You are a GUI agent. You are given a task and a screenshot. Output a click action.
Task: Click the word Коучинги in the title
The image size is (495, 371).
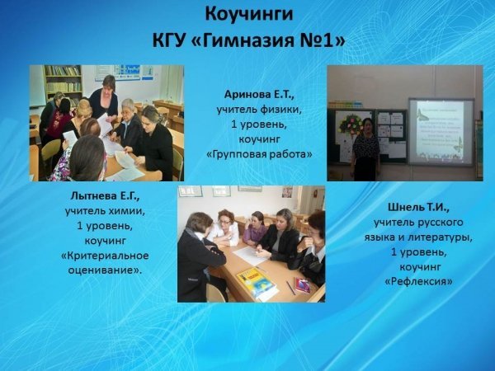(x=249, y=16)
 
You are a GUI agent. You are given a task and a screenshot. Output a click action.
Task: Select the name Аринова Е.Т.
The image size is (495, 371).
(x=259, y=95)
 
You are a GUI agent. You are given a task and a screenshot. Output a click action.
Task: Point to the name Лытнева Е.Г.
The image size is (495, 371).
(x=105, y=196)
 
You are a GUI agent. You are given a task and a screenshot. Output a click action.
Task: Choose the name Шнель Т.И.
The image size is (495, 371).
(x=418, y=207)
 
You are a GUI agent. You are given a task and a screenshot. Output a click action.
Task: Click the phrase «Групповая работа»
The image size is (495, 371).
(x=259, y=155)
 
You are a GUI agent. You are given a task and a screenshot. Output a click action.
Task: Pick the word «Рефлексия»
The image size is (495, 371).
(x=418, y=281)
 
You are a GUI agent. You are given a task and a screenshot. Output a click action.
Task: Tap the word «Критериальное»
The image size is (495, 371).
(x=105, y=256)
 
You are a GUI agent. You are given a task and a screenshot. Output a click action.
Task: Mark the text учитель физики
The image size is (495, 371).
(x=259, y=110)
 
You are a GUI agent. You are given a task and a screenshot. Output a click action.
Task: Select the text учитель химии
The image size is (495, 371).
(x=105, y=211)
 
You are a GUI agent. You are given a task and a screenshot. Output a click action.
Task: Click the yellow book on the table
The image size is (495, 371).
(x=256, y=281)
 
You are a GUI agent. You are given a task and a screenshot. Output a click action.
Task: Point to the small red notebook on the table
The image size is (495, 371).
(x=303, y=285)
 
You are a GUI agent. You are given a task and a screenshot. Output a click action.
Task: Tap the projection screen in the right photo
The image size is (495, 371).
(x=441, y=131)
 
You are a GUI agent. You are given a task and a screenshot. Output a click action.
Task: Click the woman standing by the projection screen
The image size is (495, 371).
(x=365, y=148)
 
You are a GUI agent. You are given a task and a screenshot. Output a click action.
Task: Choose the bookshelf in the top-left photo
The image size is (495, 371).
(x=64, y=81)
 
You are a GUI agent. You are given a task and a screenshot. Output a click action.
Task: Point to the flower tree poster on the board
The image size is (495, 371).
(x=350, y=124)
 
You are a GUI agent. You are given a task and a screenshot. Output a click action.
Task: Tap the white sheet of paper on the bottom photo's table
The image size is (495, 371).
(x=251, y=255)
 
